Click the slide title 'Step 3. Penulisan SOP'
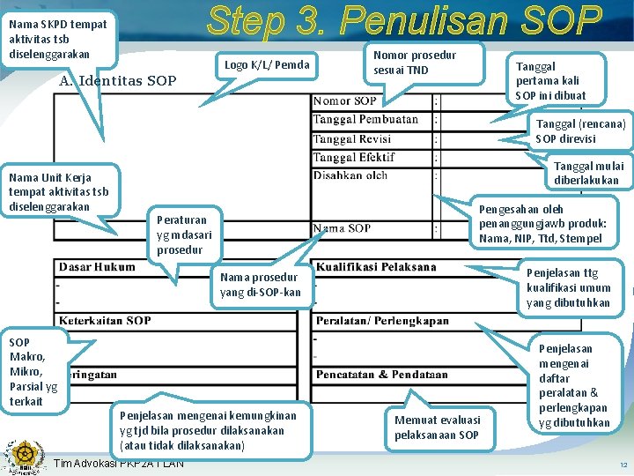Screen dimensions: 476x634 [x=403, y=22]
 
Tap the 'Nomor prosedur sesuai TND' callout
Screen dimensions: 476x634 [x=415, y=63]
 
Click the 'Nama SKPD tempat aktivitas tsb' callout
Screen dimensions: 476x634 [x=58, y=39]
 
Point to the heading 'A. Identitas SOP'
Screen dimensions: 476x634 [x=117, y=81]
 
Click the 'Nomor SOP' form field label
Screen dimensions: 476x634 [x=345, y=101]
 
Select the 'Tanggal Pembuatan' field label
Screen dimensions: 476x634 [x=365, y=119]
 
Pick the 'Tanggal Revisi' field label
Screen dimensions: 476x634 [x=352, y=138]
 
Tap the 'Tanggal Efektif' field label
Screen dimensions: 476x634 [x=354, y=157]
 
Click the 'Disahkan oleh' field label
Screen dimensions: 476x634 [x=350, y=175]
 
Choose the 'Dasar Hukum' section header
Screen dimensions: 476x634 [x=97, y=267]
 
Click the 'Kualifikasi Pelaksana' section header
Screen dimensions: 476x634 [x=376, y=267]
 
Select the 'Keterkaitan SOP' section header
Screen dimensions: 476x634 [x=105, y=321]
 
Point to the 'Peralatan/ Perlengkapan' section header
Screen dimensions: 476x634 [x=382, y=321]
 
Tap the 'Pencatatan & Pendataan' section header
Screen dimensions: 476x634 [x=381, y=374]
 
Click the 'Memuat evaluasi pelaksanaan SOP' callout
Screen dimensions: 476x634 [x=437, y=428]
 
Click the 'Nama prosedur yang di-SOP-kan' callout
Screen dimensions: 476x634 [x=260, y=284]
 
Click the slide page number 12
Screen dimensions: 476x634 [x=623, y=464]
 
